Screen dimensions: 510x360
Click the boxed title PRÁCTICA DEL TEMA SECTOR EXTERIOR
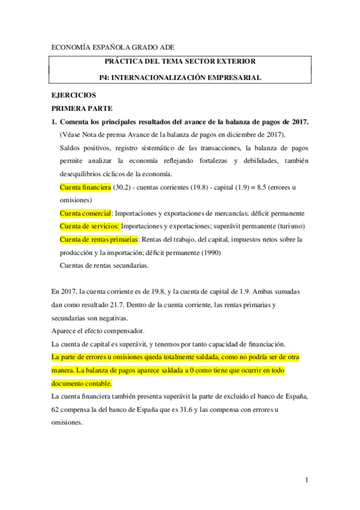[180, 61]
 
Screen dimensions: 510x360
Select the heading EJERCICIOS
[74, 95]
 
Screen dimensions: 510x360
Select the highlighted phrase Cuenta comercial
[86, 213]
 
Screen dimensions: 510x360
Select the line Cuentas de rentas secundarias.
[105, 265]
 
